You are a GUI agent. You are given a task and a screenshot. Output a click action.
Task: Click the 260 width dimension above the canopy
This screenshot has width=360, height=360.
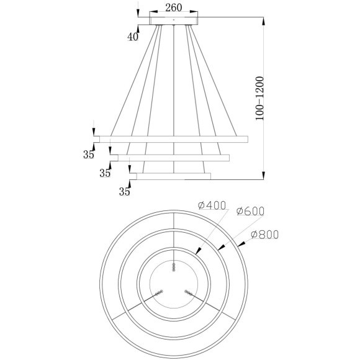point(174,8)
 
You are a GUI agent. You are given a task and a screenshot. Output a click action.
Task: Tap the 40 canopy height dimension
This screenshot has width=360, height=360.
point(133,37)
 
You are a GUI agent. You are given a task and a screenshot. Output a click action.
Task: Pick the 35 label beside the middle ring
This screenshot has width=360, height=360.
point(106,173)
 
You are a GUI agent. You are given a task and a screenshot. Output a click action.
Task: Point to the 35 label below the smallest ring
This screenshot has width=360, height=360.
point(124,192)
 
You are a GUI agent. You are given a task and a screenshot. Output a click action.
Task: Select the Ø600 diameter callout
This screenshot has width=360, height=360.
point(251,212)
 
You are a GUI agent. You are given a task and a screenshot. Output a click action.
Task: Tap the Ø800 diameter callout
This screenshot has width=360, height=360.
point(265,235)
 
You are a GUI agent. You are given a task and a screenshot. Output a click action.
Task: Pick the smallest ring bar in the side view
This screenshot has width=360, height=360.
point(171,176)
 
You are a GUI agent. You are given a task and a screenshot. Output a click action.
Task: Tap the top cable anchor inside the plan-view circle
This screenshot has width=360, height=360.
point(174,268)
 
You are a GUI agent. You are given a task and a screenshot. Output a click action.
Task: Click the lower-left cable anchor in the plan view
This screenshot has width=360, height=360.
point(160,292)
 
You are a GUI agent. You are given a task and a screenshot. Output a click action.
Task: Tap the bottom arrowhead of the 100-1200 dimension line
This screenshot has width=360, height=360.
point(265,176)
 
